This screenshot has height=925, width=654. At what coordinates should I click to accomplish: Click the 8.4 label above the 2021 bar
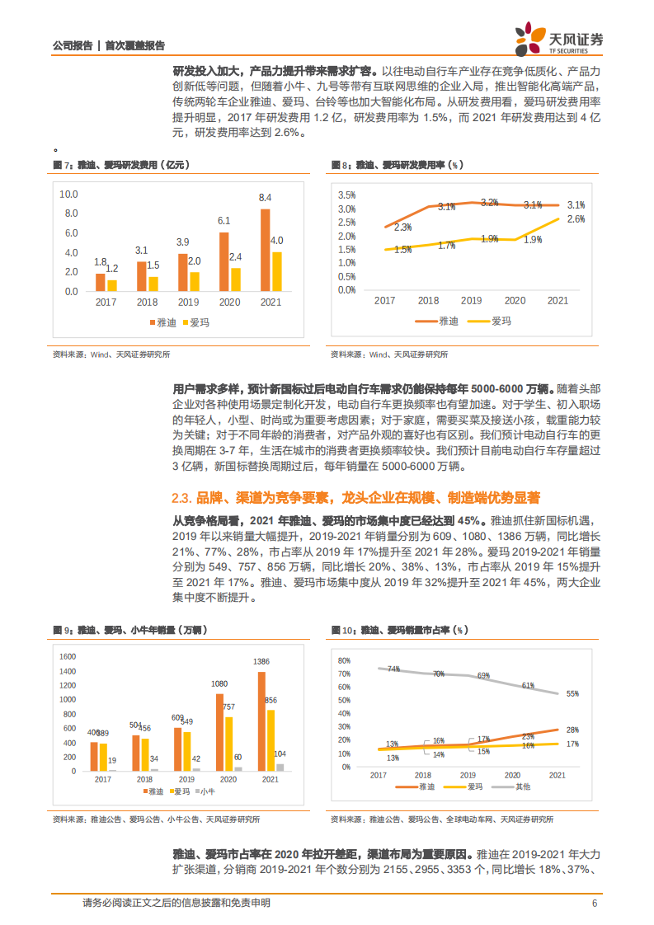265,198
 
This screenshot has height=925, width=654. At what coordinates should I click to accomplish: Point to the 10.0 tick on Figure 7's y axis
69,195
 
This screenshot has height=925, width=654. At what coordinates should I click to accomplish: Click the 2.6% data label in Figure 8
576,219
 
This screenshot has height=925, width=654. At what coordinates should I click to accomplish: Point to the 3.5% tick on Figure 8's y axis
346,195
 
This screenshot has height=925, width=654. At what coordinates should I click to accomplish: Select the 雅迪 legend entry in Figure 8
439,321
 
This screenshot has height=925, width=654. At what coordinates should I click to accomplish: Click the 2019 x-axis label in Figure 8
471,301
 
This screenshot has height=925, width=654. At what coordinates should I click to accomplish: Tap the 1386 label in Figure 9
261,663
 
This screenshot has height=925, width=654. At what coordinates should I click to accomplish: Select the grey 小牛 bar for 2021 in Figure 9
280,767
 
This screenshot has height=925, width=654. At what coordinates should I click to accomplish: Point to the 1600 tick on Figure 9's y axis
68,657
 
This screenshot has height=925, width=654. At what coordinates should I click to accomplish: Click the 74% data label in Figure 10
393,669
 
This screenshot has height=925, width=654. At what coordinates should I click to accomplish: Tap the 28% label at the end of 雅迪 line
572,730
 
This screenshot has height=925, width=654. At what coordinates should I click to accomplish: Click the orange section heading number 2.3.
181,497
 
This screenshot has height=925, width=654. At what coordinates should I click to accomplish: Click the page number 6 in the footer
594,904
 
